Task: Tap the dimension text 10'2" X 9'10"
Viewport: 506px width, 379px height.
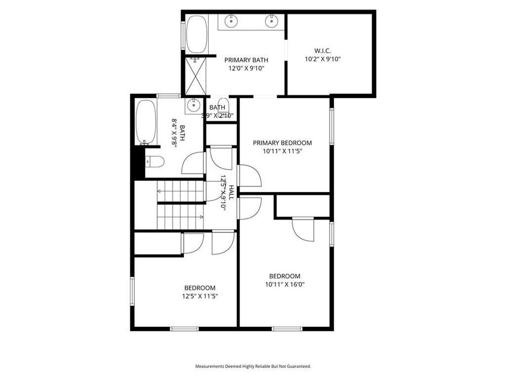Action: pyautogui.click(x=323, y=58)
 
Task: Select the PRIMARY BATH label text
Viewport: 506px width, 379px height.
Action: pyautogui.click(x=246, y=60)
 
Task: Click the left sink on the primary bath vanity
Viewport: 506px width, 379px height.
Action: pyautogui.click(x=231, y=22)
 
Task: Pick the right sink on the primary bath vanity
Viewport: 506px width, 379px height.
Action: pyautogui.click(x=271, y=22)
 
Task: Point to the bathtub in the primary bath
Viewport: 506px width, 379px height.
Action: pyautogui.click(x=196, y=34)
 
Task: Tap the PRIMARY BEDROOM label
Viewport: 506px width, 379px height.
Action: pyautogui.click(x=282, y=143)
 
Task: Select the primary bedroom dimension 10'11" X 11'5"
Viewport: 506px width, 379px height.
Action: pyautogui.click(x=282, y=151)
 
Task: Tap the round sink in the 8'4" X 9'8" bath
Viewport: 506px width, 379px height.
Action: pyautogui.click(x=193, y=105)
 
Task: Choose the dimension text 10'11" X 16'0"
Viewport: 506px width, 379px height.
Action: pyautogui.click(x=284, y=284)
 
